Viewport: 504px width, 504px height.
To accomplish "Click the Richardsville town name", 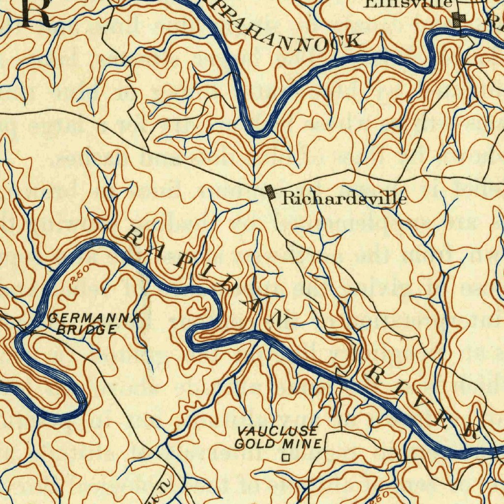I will pyautogui.click(x=344, y=198).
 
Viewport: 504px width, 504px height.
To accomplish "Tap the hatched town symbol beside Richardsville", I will pyautogui.click(x=270, y=191).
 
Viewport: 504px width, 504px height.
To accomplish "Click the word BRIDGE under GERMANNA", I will pyautogui.click(x=86, y=330).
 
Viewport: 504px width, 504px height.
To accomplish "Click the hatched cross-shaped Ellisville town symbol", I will pyautogui.click(x=459, y=20).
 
